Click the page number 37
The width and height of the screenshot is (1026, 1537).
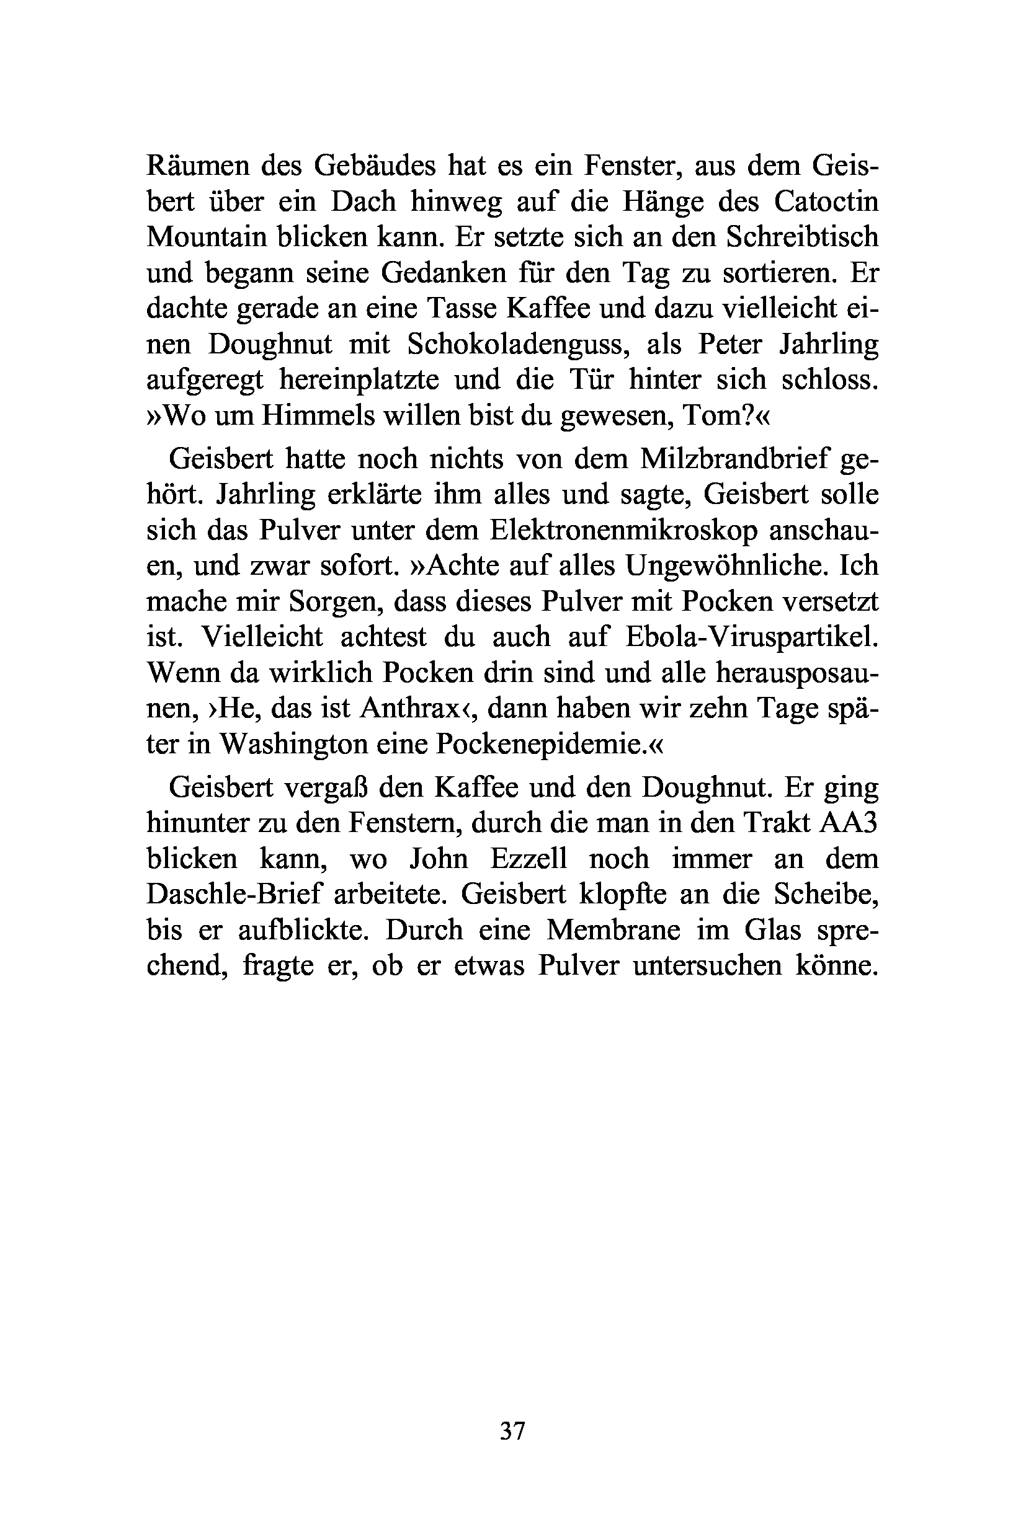(512, 1430)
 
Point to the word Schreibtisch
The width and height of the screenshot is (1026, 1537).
(801, 237)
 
